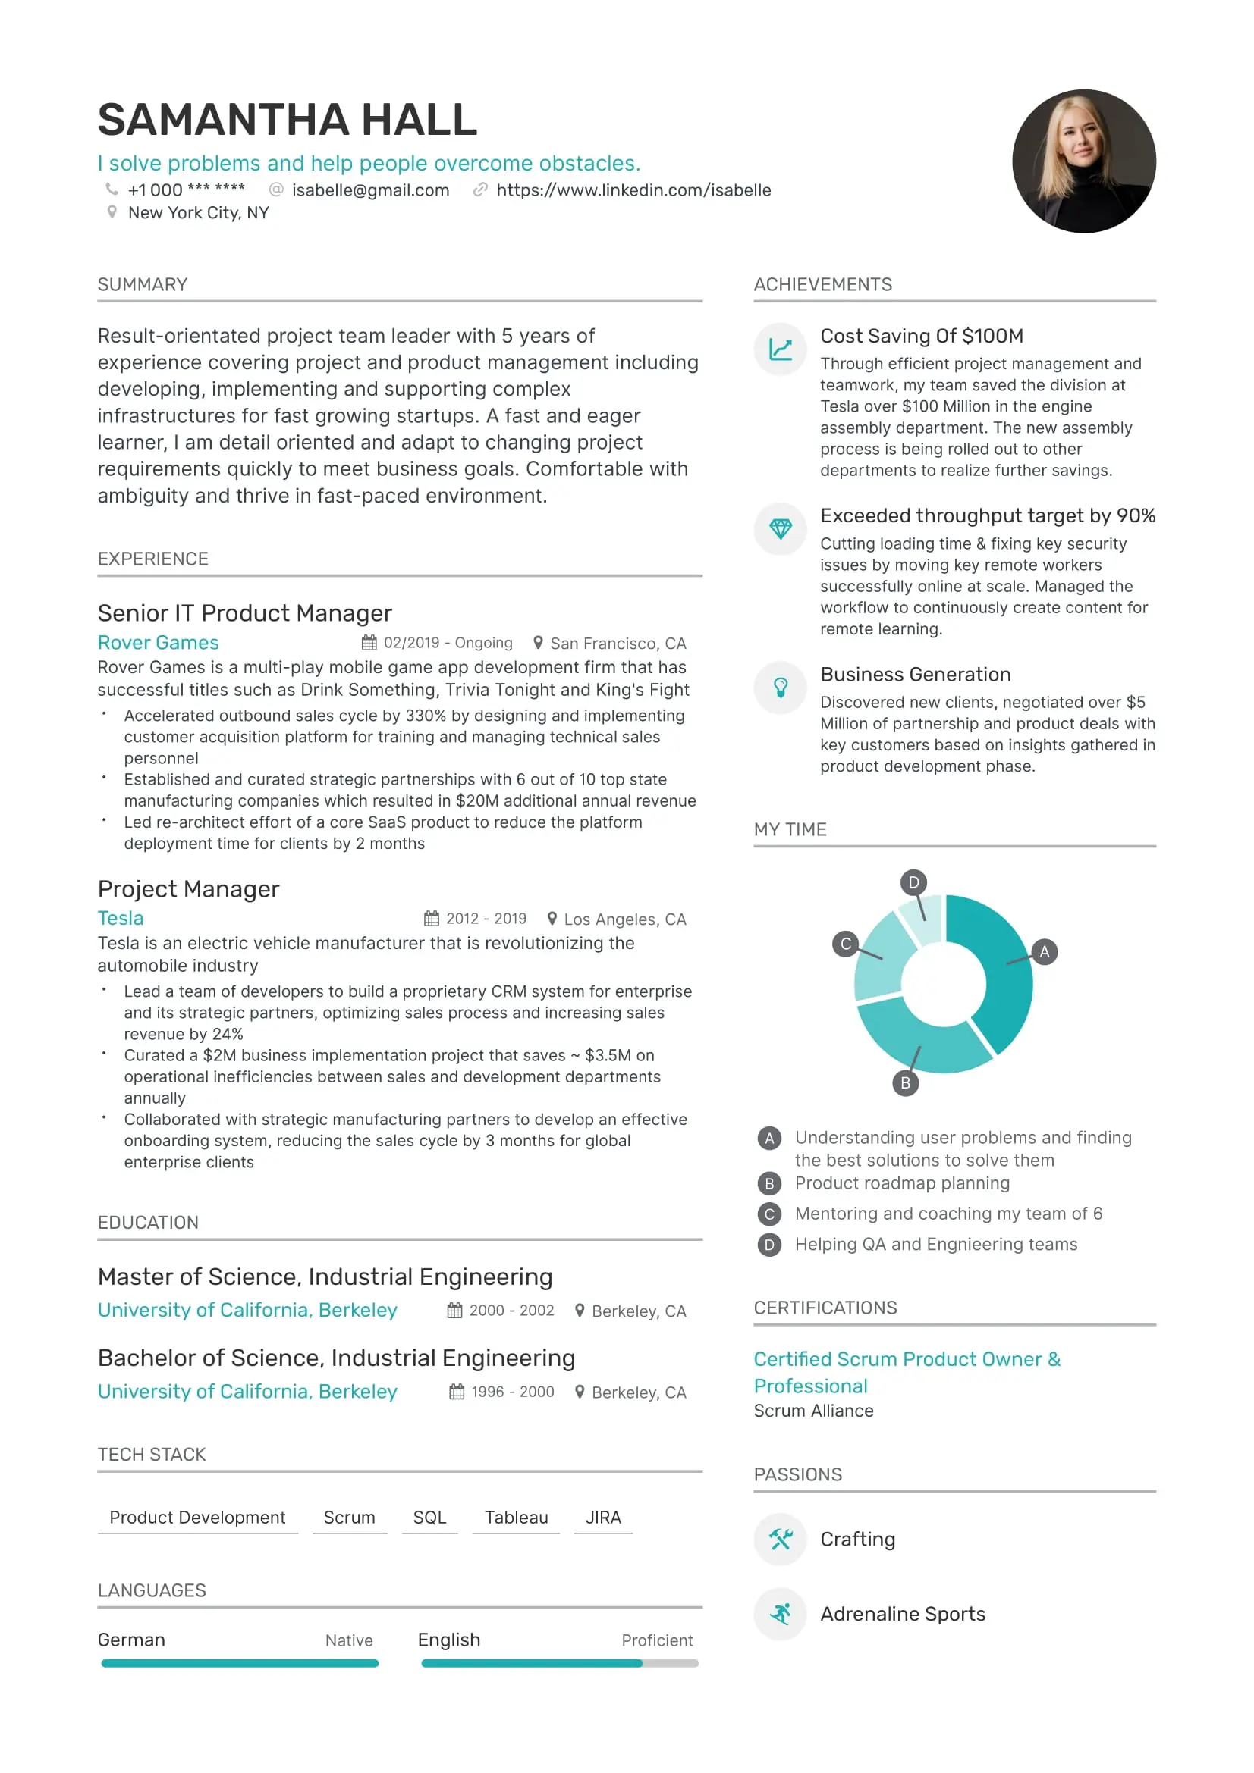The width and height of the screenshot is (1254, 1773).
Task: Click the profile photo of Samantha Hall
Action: (1083, 161)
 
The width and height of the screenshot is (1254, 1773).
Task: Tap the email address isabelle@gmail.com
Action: (370, 190)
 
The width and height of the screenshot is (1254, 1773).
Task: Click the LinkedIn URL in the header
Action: (633, 190)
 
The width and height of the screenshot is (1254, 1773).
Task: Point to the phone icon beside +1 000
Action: (112, 190)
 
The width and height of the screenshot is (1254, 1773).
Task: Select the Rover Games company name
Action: (158, 643)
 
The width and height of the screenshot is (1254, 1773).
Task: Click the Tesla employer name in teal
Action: (121, 918)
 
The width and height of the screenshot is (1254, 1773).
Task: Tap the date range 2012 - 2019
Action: (486, 918)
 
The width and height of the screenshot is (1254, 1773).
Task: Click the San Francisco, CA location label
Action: (618, 644)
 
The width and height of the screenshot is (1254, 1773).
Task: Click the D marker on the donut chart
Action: (913, 882)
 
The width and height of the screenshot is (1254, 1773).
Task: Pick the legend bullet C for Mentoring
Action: (768, 1214)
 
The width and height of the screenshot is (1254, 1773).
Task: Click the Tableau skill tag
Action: (515, 1518)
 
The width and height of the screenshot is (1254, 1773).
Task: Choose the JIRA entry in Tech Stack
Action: (602, 1518)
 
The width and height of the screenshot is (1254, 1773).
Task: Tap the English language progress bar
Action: (559, 1663)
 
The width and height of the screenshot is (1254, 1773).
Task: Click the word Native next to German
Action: (348, 1640)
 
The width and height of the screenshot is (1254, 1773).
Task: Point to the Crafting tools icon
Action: (781, 1539)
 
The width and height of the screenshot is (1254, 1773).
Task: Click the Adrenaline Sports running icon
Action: (781, 1614)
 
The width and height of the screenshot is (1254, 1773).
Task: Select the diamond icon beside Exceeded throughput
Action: (781, 529)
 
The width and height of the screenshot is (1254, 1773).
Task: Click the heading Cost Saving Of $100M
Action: (921, 336)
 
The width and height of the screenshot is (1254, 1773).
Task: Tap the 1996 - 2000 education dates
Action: (512, 1392)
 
